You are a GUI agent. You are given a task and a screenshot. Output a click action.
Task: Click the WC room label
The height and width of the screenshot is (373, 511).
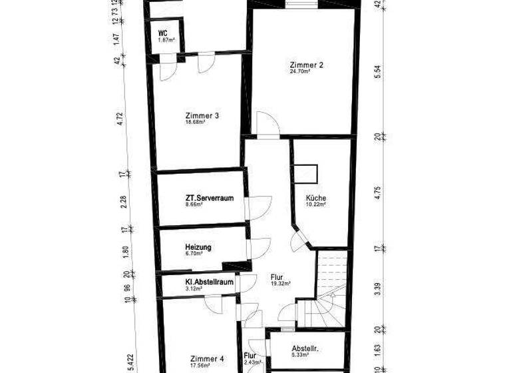pyautogui.click(x=162, y=33)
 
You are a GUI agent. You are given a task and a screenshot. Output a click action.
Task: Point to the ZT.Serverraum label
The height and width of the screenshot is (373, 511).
pyautogui.click(x=209, y=198)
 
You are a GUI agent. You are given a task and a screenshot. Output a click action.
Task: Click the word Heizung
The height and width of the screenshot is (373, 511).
pyautogui.click(x=198, y=247)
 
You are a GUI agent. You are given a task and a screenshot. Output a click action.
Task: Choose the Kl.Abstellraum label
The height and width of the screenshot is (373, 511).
pyautogui.click(x=209, y=282)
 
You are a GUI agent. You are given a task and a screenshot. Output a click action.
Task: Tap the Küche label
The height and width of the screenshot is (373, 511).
pyautogui.click(x=316, y=198)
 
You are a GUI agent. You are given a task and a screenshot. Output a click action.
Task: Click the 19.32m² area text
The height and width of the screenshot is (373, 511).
pyautogui.click(x=280, y=283)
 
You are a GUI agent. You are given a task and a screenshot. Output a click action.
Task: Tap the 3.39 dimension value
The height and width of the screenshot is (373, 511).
pyautogui.click(x=377, y=289)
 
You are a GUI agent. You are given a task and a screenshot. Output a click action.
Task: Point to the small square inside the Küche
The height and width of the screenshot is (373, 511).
pyautogui.click(x=307, y=172)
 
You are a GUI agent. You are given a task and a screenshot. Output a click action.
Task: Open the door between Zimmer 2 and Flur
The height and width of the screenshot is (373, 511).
pyautogui.click(x=269, y=127)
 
